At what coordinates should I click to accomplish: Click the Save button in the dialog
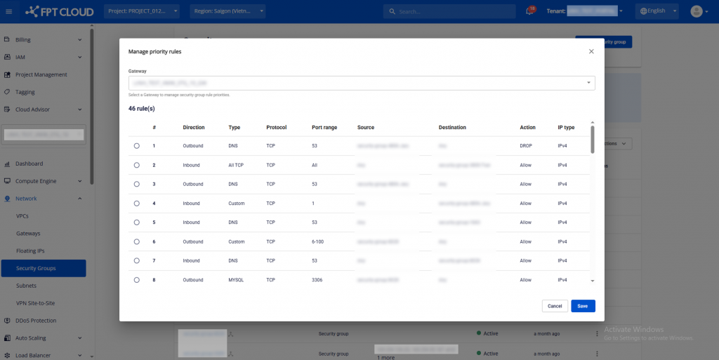tap(583, 306)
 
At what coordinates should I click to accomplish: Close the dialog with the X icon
tap(591, 51)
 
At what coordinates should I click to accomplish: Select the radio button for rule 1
tap(136, 146)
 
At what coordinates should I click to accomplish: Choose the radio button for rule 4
tap(136, 204)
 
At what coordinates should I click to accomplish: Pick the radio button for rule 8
tap(136, 280)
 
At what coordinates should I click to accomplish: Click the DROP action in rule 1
tap(525, 146)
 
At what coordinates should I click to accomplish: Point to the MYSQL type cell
tap(236, 280)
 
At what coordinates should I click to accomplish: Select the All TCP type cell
tap(237, 165)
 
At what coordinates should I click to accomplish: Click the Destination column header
tap(452, 128)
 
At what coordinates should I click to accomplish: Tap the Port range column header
tap(324, 128)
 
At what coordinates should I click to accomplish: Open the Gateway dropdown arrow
tap(588, 83)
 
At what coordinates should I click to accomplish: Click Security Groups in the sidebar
tap(36, 268)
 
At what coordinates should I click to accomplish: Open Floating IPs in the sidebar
tap(30, 251)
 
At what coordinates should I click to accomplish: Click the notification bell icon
tap(529, 11)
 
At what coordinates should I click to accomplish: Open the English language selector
tap(657, 11)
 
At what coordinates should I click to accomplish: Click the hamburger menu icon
tap(9, 11)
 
